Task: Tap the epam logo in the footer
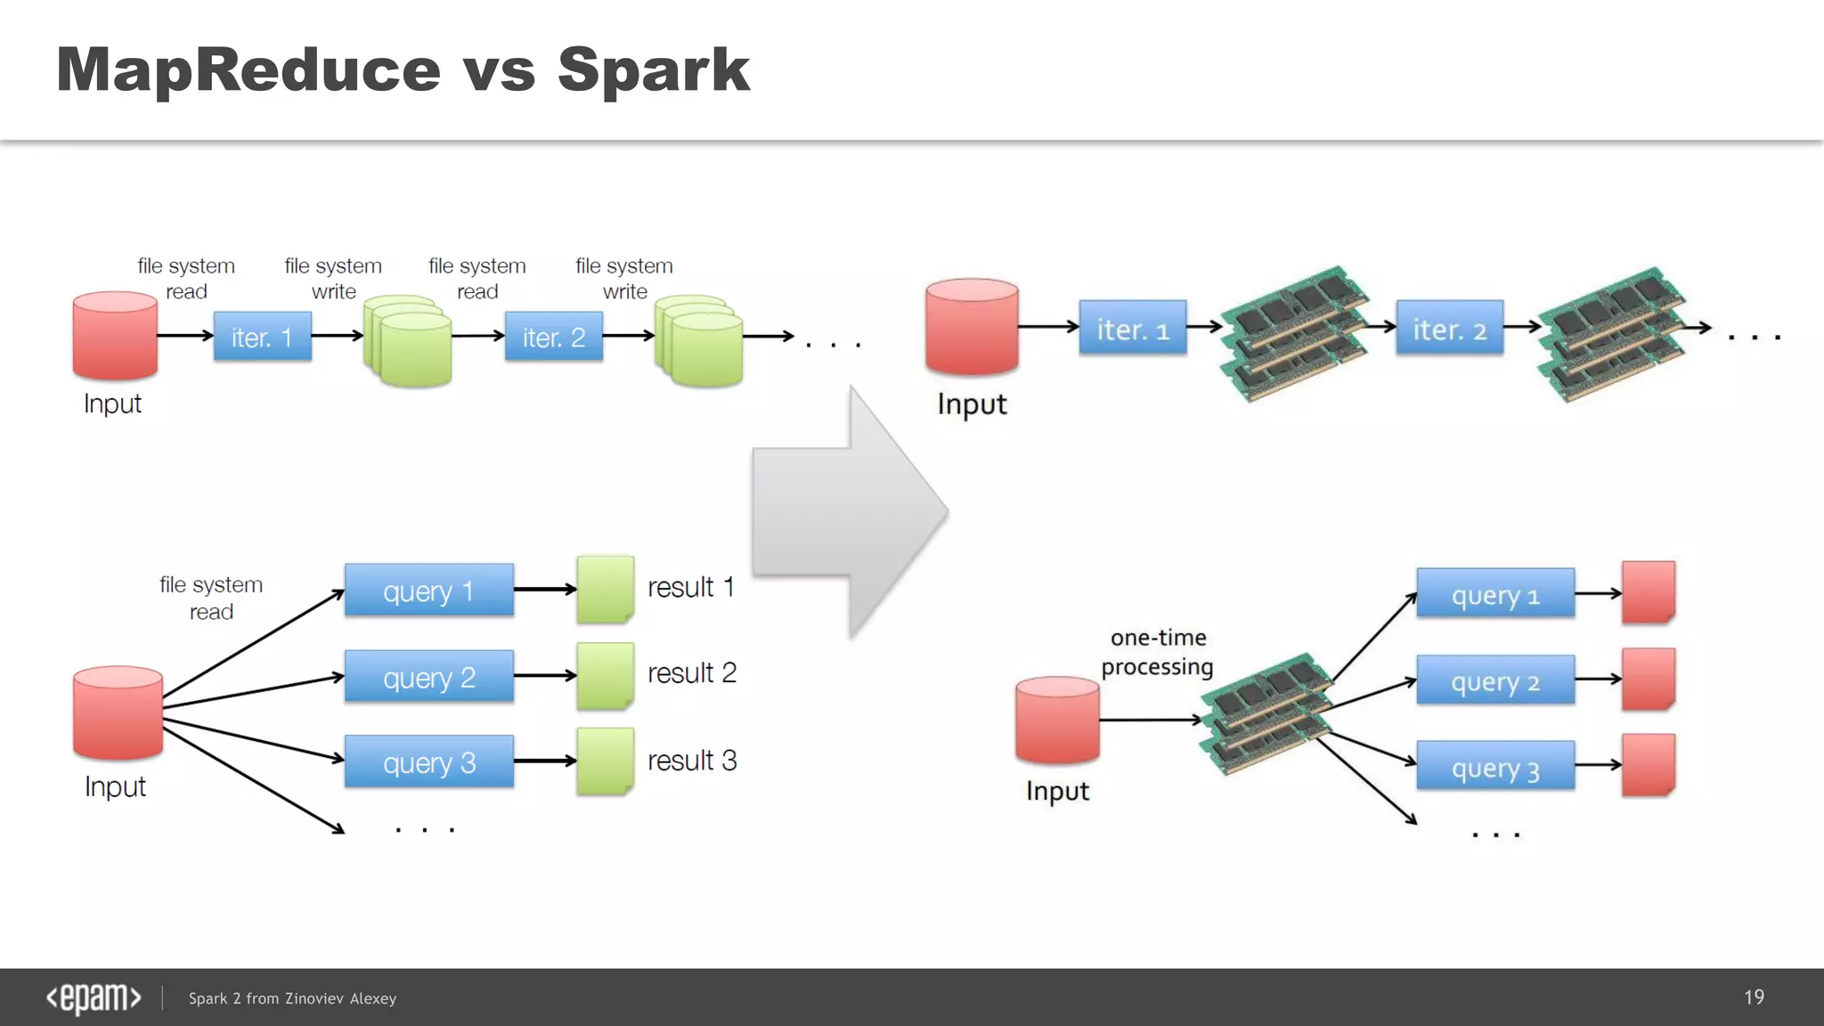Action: tap(94, 997)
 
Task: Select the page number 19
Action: tap(1754, 997)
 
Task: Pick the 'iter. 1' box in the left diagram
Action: tap(262, 337)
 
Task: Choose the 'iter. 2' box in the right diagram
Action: tap(1449, 329)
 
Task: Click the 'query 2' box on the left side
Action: tap(428, 677)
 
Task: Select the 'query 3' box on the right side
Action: tap(1494, 767)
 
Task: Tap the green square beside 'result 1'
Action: tap(605, 589)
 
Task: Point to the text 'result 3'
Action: tap(691, 761)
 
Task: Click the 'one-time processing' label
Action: tap(1157, 652)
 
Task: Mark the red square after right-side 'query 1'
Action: tap(1648, 592)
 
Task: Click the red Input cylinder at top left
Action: tap(115, 336)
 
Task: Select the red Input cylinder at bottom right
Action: tap(1057, 720)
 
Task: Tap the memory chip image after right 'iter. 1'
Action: tap(1294, 333)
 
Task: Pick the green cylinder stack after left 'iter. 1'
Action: tap(408, 340)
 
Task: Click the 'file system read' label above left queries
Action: tap(211, 598)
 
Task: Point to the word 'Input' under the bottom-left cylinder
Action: tap(115, 787)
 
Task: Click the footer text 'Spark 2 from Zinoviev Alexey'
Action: tap(292, 998)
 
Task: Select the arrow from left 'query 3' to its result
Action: tap(544, 761)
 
